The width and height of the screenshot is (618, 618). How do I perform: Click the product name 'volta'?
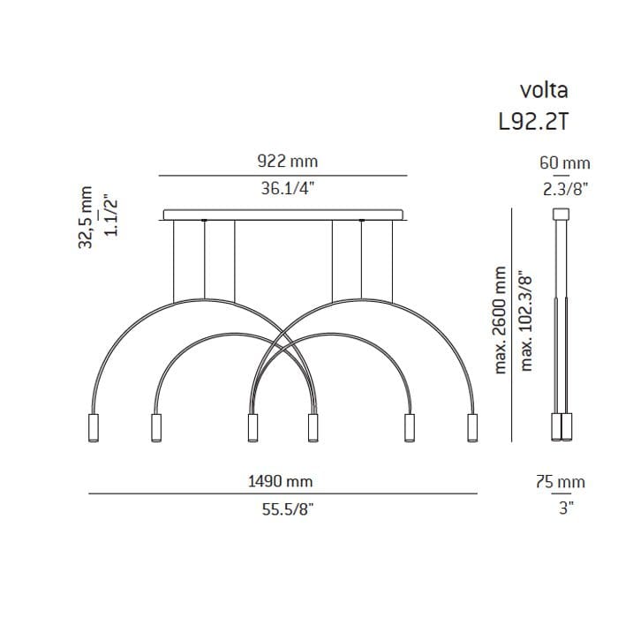pyautogui.click(x=544, y=90)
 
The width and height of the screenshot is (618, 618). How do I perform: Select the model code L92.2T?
pyautogui.click(x=534, y=122)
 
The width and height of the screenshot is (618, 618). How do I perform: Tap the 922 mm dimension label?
pyautogui.click(x=287, y=162)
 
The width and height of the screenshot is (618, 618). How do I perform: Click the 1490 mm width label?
pyautogui.click(x=280, y=481)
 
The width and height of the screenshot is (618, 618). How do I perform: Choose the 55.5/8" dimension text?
pyautogui.click(x=288, y=509)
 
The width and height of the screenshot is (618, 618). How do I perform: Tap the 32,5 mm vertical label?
pyautogui.click(x=85, y=217)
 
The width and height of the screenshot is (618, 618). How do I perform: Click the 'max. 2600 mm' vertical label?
pyautogui.click(x=500, y=320)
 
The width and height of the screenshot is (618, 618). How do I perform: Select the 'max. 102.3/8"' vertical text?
pyautogui.click(x=526, y=320)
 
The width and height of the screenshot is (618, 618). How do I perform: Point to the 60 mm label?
pyautogui.click(x=565, y=162)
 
